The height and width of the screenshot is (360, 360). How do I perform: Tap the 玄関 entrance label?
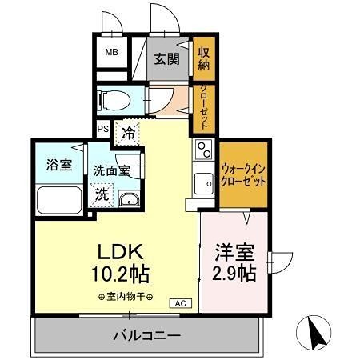click(166, 58)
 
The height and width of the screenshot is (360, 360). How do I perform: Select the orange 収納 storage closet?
click(203, 58)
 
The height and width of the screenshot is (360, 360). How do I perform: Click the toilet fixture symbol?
click(114, 102)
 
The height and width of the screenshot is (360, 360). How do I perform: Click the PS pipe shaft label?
click(103, 129)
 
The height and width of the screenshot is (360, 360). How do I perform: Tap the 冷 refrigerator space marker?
click(128, 134)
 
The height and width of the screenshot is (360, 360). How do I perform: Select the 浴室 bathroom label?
click(58, 166)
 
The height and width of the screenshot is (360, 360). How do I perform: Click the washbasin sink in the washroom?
click(129, 198)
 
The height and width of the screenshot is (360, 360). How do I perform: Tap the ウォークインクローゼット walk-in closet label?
click(244, 174)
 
